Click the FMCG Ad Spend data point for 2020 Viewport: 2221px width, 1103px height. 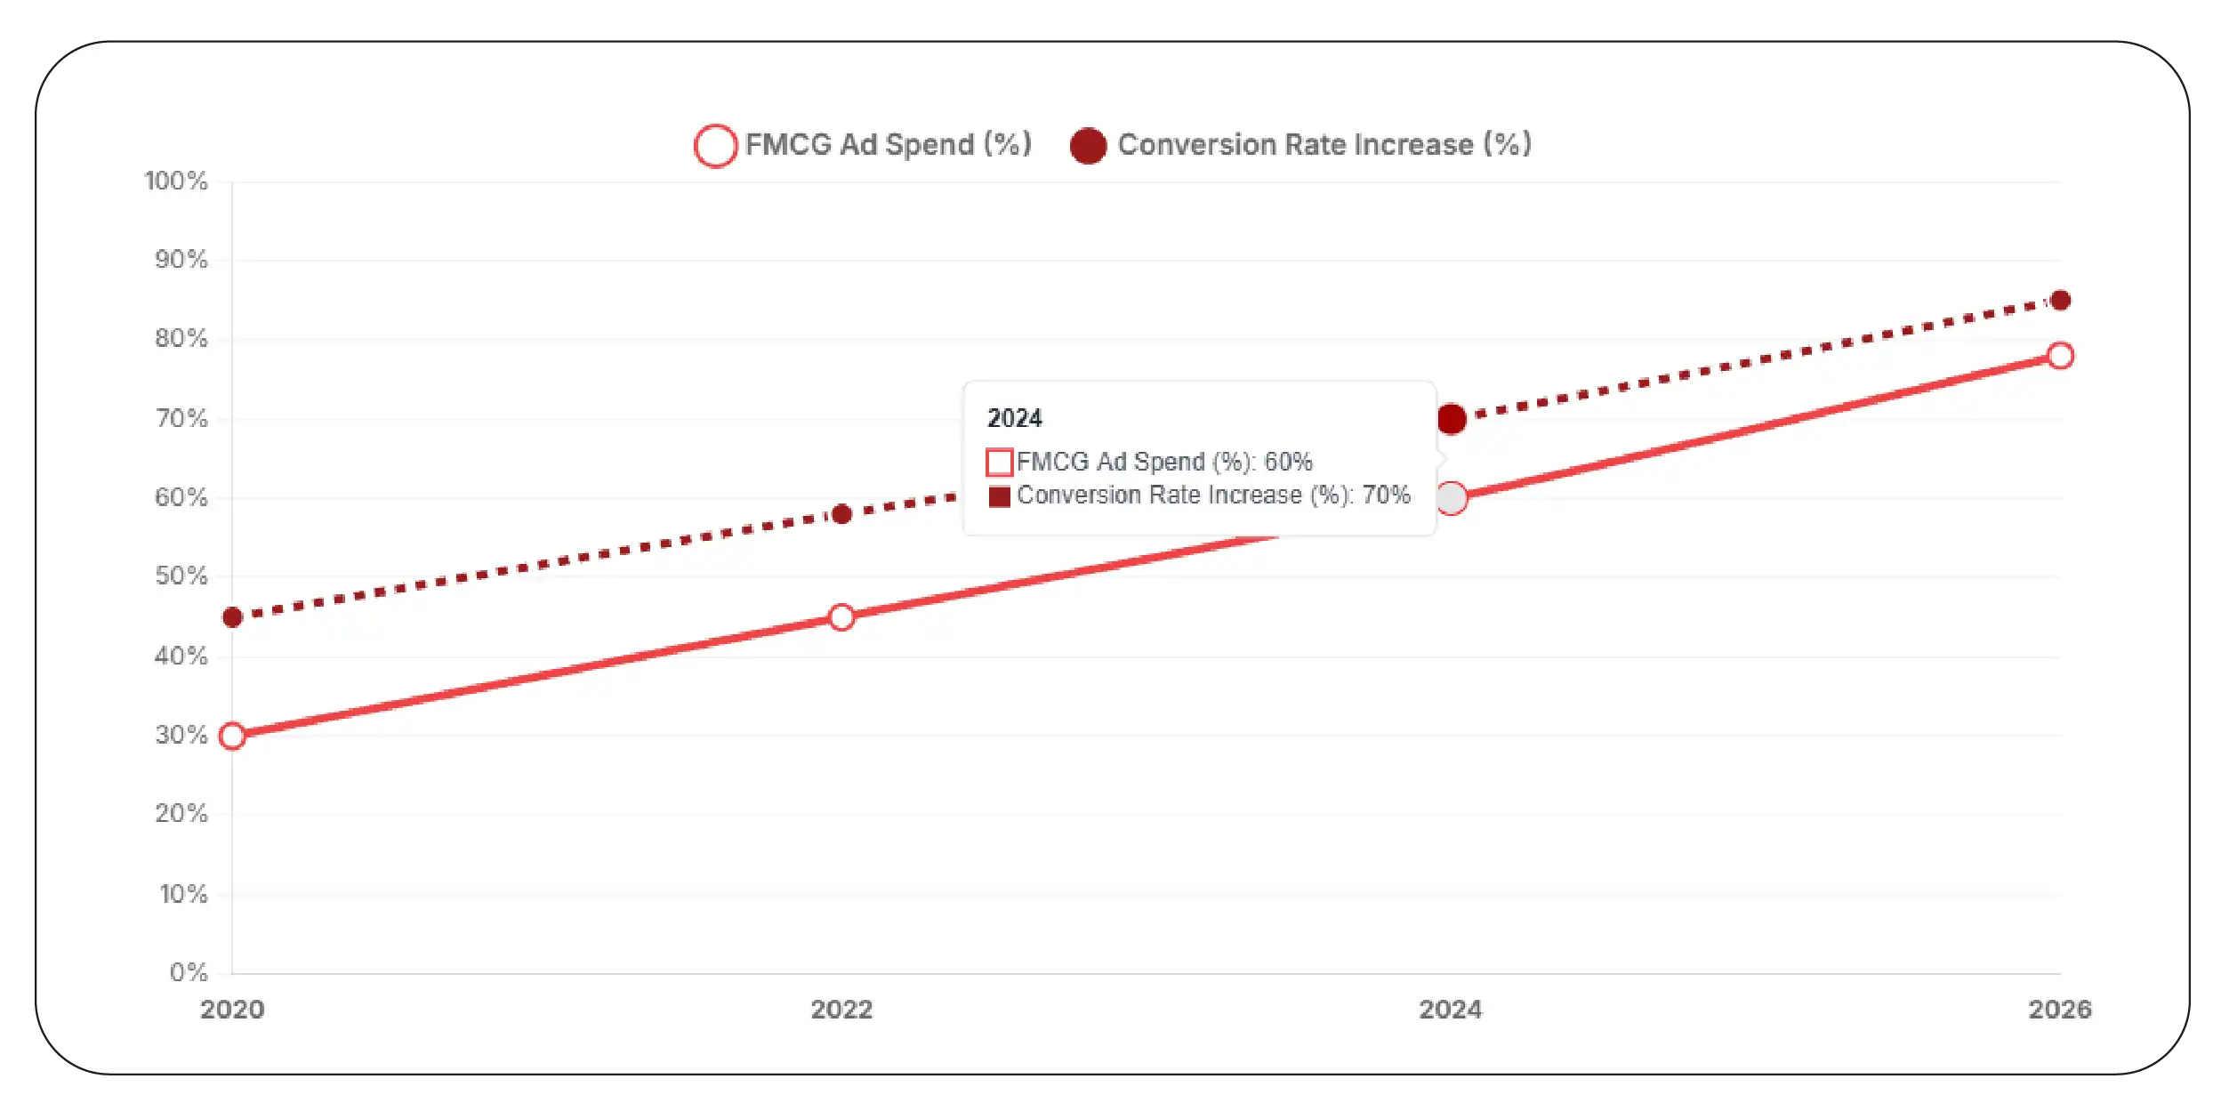coord(232,736)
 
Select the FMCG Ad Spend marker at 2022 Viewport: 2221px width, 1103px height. coord(841,617)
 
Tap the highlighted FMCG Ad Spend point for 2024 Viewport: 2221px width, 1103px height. coord(1452,498)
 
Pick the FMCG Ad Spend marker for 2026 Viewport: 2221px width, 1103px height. coord(2060,356)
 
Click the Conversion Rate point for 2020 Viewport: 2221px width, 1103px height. coord(232,617)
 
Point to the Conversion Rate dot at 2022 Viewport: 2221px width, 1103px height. coord(841,514)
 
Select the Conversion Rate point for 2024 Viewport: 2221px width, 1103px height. coord(1452,419)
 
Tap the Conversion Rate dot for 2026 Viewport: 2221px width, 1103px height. coord(2060,301)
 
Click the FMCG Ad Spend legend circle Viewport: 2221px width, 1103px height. coord(715,146)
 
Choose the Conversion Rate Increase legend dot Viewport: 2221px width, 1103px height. coord(1088,146)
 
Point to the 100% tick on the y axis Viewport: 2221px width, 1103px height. coord(176,181)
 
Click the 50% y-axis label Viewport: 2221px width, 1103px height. coord(181,576)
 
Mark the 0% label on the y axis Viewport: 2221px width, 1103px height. coord(189,972)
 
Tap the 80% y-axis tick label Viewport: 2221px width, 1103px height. coord(181,339)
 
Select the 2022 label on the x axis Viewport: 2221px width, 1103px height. coord(841,1010)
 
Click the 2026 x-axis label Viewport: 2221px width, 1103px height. coord(2060,1010)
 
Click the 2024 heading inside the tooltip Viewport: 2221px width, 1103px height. coord(1015,418)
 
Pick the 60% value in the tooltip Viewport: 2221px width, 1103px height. coord(1289,462)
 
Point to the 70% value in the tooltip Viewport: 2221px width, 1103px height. coord(1387,495)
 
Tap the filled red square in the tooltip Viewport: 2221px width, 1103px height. coord(1000,496)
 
